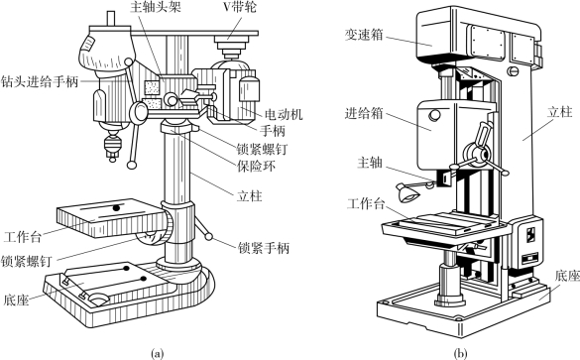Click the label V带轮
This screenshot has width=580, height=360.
[x=240, y=6]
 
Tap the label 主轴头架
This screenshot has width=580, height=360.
[x=156, y=7]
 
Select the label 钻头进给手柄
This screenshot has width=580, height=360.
[x=40, y=81]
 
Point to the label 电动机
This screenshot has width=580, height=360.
[x=284, y=114]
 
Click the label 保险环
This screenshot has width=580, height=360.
[x=256, y=166]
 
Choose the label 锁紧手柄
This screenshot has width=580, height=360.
[x=264, y=248]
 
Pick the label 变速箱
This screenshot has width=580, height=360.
[x=364, y=35]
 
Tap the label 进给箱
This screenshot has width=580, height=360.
[x=364, y=113]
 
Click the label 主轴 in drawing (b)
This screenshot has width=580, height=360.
[x=370, y=162]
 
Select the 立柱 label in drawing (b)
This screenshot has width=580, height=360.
[x=559, y=112]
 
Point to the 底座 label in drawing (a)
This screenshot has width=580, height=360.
[x=16, y=300]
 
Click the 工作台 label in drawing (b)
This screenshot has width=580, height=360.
[x=366, y=203]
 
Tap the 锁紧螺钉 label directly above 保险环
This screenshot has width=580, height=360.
[x=262, y=149]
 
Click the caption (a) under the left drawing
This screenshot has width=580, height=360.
[x=157, y=353]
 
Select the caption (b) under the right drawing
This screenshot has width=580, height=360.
[x=460, y=353]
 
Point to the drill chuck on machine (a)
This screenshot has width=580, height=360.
[x=112, y=146]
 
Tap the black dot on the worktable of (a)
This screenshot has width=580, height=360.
[x=117, y=208]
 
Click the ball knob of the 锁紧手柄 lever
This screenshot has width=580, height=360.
[x=209, y=236]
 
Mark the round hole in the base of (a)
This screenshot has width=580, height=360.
[x=99, y=299]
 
